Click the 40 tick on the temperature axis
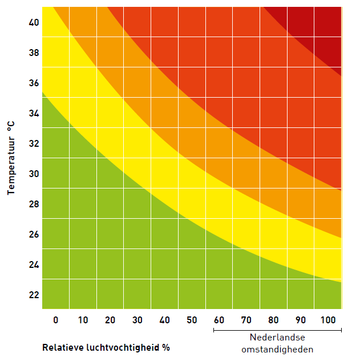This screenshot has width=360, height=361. [x=33, y=22]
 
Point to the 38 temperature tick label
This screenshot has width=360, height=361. [x=33, y=53]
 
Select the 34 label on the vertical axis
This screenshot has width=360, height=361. [x=33, y=113]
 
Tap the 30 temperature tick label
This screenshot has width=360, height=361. [x=33, y=174]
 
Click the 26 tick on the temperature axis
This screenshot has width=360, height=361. [x=33, y=234]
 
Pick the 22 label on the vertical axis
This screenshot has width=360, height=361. [x=33, y=295]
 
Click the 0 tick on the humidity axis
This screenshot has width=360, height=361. [x=55, y=320]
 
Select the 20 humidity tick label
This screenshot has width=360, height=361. [x=110, y=320]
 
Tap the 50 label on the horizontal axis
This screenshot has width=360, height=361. [x=192, y=320]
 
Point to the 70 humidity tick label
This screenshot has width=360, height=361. [x=246, y=320]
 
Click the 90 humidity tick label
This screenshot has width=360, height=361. [x=301, y=320]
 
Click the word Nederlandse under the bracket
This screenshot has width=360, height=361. [x=277, y=338]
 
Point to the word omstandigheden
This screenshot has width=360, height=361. [x=277, y=349]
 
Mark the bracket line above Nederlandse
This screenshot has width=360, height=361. [x=277, y=330]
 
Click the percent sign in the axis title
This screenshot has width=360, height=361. [x=166, y=347]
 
